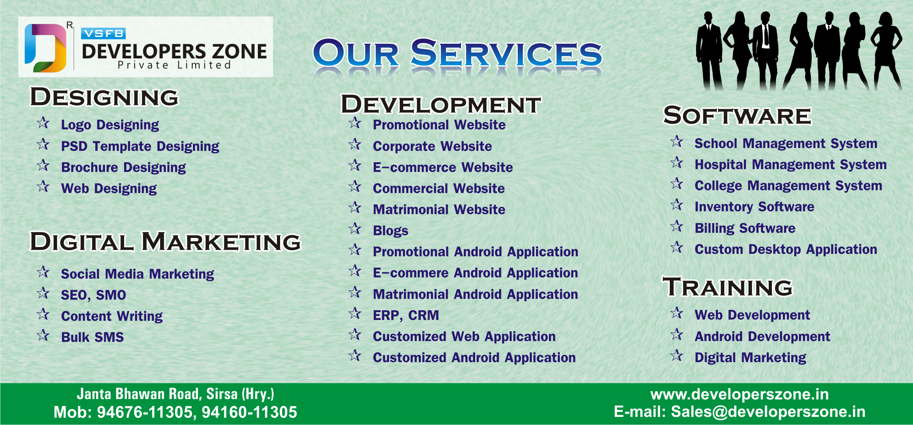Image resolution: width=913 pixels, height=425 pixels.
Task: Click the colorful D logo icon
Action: coord(45,48)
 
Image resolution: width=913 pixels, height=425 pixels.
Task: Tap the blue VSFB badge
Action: coord(103,34)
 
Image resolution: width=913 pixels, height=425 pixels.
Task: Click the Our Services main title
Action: coord(457,53)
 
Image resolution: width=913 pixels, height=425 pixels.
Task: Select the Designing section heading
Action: coord(104,97)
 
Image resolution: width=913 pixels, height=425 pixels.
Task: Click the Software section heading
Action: coord(737,115)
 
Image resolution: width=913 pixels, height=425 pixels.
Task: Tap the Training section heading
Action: coord(728,287)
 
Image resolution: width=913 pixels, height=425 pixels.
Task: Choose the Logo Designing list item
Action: coord(110,125)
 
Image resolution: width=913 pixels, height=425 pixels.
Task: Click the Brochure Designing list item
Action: coord(123,167)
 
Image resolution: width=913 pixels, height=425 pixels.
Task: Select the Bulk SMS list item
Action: coord(92,337)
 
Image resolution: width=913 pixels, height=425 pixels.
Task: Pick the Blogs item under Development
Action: coord(390,231)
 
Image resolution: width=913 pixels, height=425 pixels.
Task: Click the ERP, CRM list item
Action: coord(406,316)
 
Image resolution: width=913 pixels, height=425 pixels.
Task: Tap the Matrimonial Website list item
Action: coord(439,209)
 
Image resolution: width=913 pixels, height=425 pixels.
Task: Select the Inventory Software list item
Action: coord(754,207)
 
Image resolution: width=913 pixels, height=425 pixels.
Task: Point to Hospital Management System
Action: coord(791,165)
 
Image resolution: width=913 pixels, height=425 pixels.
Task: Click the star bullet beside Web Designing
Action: coord(43,187)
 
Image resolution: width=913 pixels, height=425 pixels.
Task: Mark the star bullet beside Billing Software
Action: coord(677,226)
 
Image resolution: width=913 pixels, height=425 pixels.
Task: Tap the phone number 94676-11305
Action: coord(145,412)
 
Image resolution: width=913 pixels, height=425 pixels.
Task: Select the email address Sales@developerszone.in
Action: coord(768,412)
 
